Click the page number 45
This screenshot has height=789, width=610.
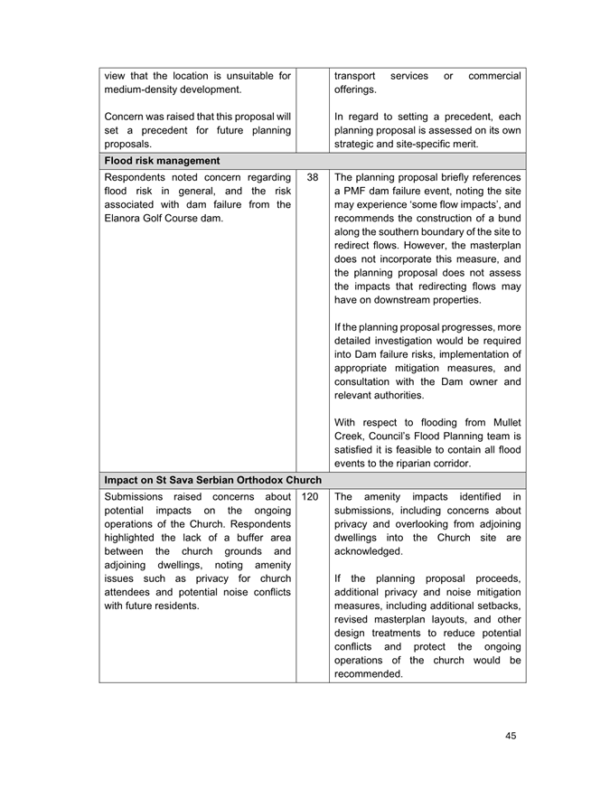pyautogui.click(x=511, y=736)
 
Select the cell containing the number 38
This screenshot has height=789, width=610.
pyautogui.click(x=312, y=177)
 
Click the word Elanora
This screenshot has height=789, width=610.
pyautogui.click(x=127, y=222)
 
